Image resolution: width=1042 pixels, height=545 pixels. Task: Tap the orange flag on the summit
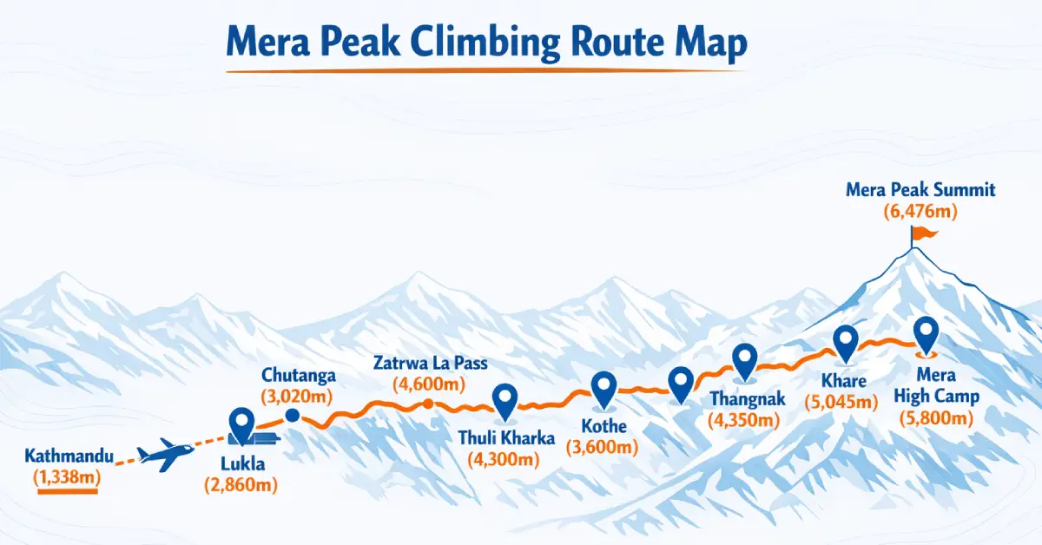point(922,233)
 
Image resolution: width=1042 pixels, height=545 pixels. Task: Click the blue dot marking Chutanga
point(292,416)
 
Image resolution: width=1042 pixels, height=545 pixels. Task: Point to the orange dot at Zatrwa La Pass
point(427,404)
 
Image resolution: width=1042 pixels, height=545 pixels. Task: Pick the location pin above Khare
point(845,341)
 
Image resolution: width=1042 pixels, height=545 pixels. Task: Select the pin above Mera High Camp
point(927,333)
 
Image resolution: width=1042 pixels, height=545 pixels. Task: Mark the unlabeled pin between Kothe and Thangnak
point(681,381)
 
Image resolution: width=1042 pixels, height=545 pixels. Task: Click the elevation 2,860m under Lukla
point(241,485)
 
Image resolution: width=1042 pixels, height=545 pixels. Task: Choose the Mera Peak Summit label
point(920,189)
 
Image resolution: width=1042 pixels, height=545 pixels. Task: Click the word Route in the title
point(591,44)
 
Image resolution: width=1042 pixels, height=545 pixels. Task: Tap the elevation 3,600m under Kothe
point(602,448)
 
